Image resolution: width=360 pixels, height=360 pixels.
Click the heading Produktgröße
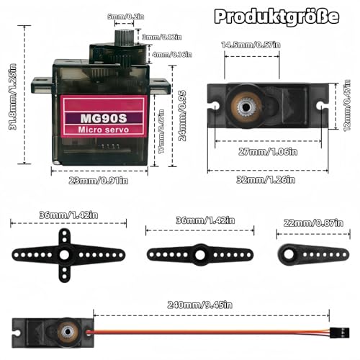point(276,17)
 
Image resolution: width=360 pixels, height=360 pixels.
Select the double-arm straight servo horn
point(197,253)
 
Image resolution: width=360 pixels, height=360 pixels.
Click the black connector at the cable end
point(338,333)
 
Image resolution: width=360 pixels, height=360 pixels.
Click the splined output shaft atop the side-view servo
point(123,35)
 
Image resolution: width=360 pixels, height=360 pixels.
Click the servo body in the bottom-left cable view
point(47,332)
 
